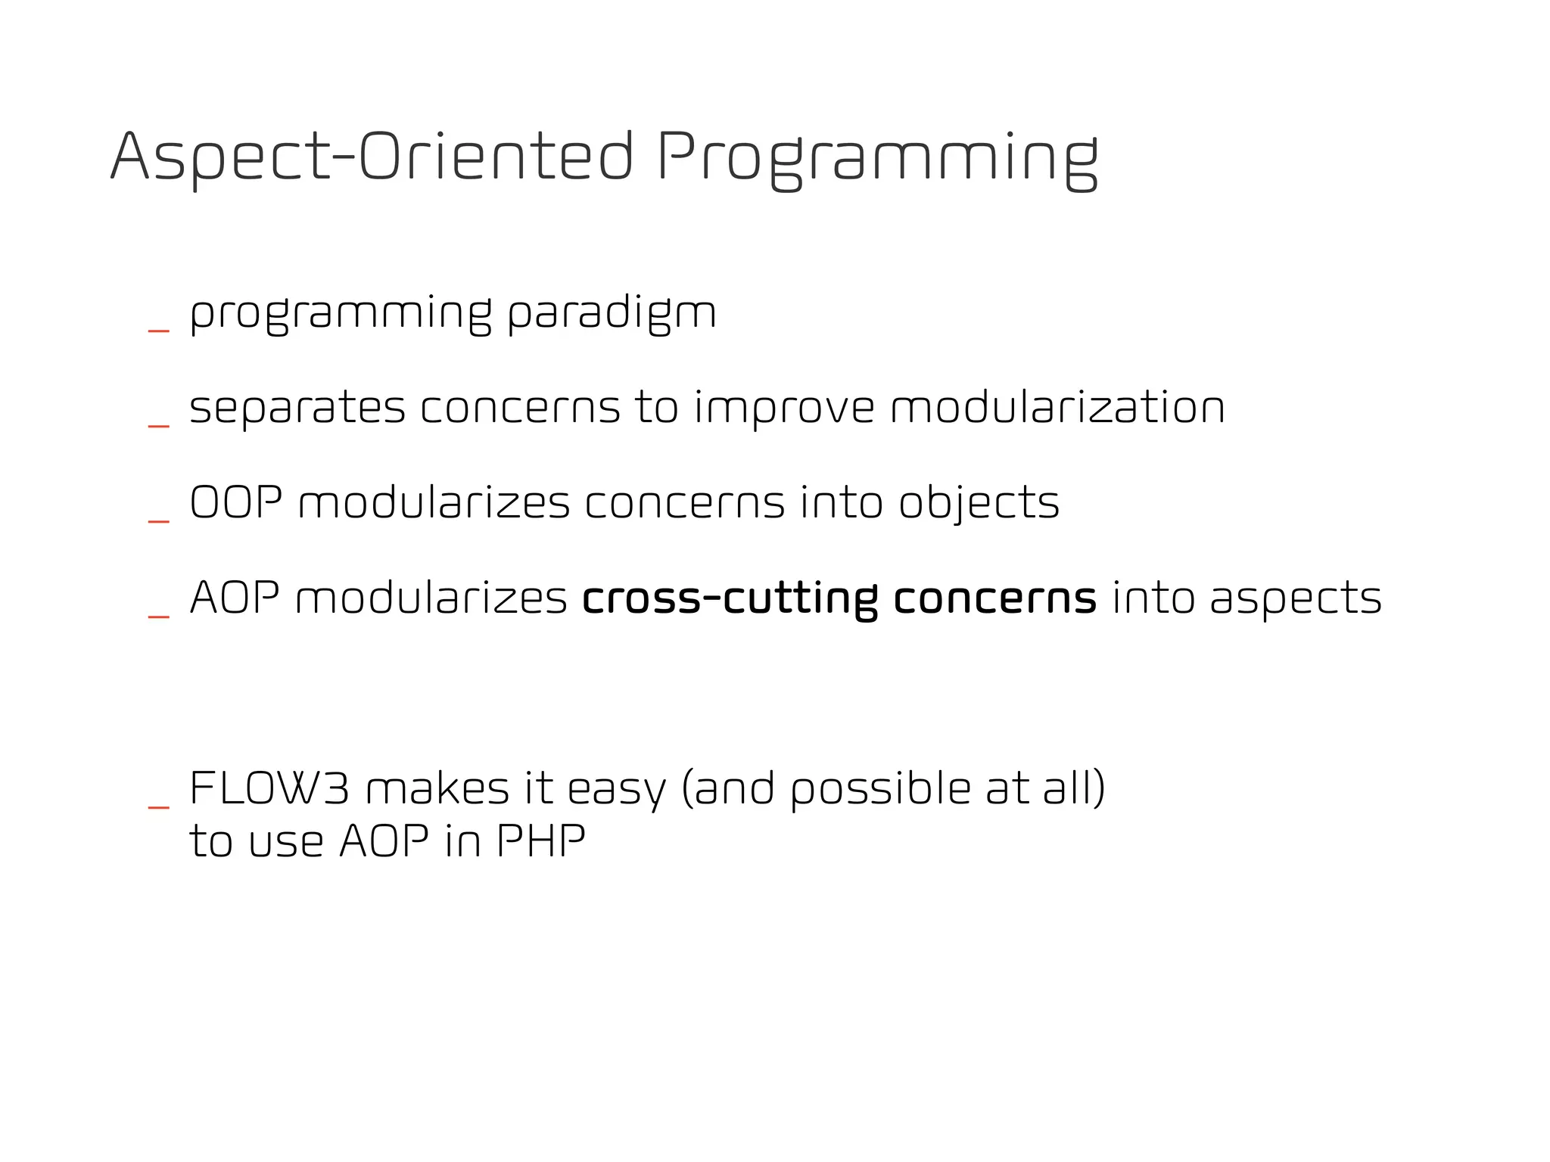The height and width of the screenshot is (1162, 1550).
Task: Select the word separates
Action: (x=297, y=408)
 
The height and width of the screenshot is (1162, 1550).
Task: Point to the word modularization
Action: (x=1057, y=408)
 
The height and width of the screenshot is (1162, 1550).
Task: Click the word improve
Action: (x=784, y=409)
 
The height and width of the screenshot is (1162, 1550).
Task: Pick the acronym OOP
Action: (x=236, y=502)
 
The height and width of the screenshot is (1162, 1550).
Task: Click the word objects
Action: (x=979, y=504)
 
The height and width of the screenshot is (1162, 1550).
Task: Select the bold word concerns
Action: (x=994, y=598)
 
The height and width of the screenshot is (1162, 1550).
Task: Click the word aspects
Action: (x=1296, y=600)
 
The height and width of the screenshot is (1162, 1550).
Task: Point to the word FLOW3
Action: (x=269, y=788)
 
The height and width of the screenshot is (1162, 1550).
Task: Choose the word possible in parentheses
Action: (x=880, y=790)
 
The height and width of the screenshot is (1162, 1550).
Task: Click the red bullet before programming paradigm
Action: (x=158, y=331)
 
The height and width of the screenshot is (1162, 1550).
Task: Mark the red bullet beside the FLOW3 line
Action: (x=158, y=807)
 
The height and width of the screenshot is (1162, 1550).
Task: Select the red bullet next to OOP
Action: (x=158, y=521)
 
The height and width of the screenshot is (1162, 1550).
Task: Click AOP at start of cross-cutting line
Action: (x=235, y=598)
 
